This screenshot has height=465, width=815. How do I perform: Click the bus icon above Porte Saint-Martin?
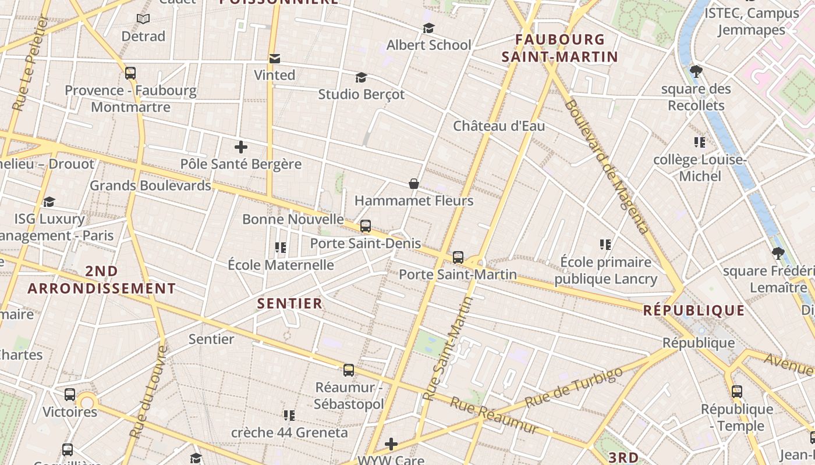point(458,257)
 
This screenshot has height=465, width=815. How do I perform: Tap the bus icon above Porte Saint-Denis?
point(366,226)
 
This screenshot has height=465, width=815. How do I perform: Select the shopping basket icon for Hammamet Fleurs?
point(414,184)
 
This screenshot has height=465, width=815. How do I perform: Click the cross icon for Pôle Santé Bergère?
point(241,147)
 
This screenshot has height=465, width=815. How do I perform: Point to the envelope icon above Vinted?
point(275,58)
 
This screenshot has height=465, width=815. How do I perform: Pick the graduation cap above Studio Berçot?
point(362,77)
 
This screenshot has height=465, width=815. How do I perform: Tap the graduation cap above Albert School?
point(429,28)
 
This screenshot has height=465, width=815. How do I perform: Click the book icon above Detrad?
point(143,19)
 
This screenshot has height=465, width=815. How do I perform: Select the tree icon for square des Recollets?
point(696,72)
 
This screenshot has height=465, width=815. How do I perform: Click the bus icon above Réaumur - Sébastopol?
point(349,370)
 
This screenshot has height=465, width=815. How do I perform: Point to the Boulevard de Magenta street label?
point(606,167)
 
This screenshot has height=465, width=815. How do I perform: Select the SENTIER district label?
point(290,303)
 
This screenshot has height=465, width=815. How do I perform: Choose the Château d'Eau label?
point(499,126)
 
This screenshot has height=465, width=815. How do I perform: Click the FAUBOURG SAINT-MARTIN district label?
point(559,48)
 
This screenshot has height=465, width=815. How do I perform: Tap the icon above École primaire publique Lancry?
point(605,245)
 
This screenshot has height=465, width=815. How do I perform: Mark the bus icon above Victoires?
point(70,395)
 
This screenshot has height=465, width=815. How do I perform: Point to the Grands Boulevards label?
point(150,185)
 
